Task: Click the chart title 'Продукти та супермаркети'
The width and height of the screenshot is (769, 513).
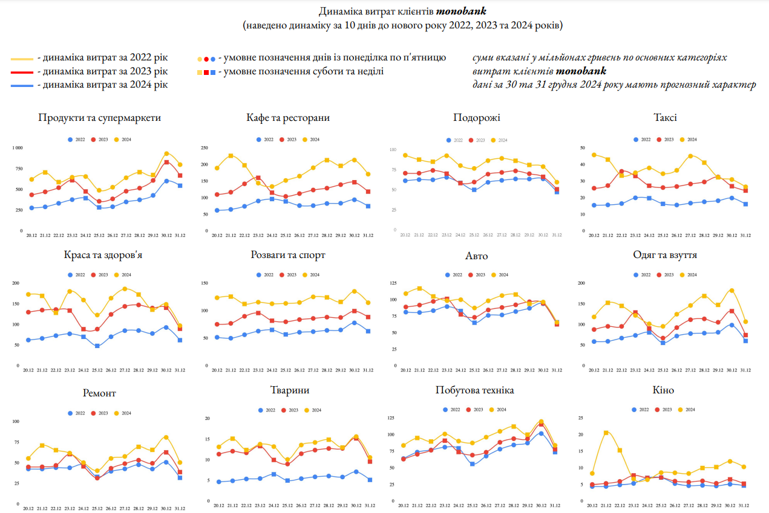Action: (99, 118)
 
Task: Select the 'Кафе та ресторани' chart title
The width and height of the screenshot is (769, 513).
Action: (288, 118)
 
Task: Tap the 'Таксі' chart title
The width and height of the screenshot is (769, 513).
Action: (665, 118)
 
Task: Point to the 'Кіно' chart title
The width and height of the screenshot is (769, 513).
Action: (664, 390)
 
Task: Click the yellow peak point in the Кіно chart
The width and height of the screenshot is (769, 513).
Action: (606, 433)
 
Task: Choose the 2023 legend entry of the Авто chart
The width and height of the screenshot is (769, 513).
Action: (476, 274)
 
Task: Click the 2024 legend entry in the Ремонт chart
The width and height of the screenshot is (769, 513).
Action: (123, 413)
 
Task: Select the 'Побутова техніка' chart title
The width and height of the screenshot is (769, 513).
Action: (474, 390)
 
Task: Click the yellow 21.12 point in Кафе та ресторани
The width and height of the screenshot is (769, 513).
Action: (231, 156)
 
